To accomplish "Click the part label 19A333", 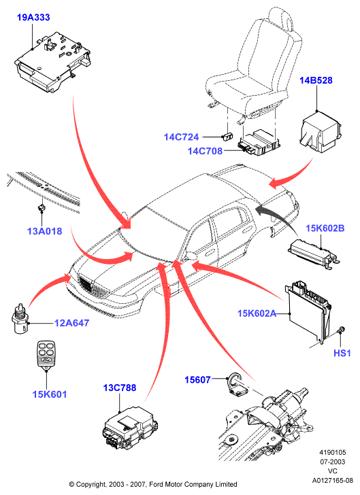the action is pyautogui.click(x=33, y=18).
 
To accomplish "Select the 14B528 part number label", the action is pyautogui.click(x=316, y=80).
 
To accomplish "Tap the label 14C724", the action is pyautogui.click(x=181, y=137).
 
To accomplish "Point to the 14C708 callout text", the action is pyautogui.click(x=205, y=151).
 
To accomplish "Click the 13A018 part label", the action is pyautogui.click(x=44, y=231).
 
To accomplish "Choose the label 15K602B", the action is pyautogui.click(x=325, y=228).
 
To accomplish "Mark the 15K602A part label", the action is pyautogui.click(x=257, y=313).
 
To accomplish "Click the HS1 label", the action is pyautogui.click(x=342, y=353).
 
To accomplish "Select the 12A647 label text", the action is pyautogui.click(x=71, y=323).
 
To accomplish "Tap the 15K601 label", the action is pyautogui.click(x=50, y=394).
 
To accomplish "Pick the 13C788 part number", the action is pyautogui.click(x=120, y=388).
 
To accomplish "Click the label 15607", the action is pyautogui.click(x=197, y=379).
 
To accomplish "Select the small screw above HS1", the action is pyautogui.click(x=341, y=330).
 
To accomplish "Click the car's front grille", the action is pyautogui.click(x=93, y=287).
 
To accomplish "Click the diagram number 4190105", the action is pyautogui.click(x=333, y=452).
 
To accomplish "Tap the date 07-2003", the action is pyautogui.click(x=333, y=462).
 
